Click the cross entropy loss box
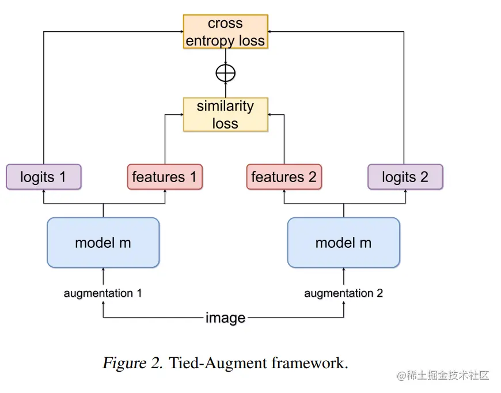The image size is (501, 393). (226, 32)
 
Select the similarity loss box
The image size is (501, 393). (226, 115)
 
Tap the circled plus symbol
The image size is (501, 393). (226, 73)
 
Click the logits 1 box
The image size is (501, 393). (43, 177)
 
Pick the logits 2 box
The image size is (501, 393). (405, 177)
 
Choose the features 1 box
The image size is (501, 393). (165, 177)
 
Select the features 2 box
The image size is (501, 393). (284, 177)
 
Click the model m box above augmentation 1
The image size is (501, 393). (103, 243)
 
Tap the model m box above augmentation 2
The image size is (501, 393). (343, 243)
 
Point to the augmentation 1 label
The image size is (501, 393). (103, 293)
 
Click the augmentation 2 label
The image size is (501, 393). (343, 293)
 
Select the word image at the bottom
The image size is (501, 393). (225, 318)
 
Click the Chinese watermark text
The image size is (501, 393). (443, 375)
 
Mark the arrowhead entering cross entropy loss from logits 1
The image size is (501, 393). (181, 31)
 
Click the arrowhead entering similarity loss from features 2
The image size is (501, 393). (270, 115)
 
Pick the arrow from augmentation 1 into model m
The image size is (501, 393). (103, 276)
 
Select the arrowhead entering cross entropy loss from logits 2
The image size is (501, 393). (270, 31)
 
